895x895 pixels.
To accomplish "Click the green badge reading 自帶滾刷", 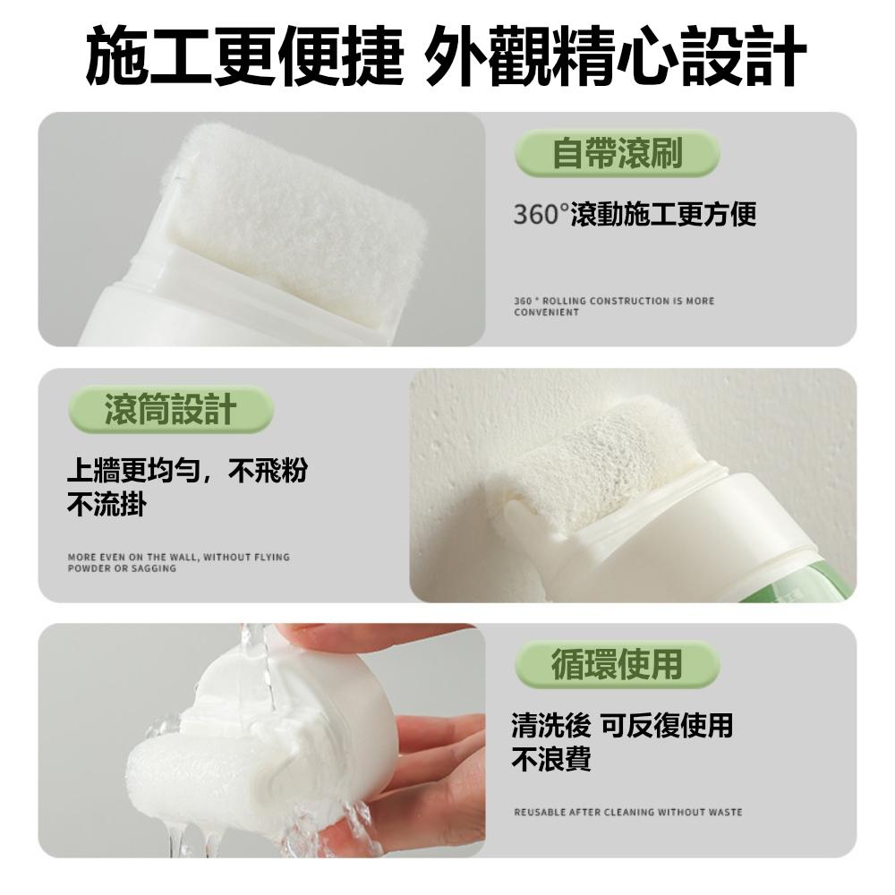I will click(617, 153).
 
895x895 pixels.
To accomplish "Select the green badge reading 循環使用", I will click(617, 664).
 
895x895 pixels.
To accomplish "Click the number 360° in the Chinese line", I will click(541, 215).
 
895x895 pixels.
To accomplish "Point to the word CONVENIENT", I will click(547, 312).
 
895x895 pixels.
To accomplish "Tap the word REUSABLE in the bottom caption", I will click(539, 812).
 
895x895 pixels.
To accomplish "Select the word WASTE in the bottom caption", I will click(725, 812).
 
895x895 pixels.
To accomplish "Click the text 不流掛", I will click(107, 505).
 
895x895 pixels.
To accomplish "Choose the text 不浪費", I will click(550, 760).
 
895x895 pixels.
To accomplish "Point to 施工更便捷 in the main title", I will click(244, 55).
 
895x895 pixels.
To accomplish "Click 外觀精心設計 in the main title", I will click(617, 55).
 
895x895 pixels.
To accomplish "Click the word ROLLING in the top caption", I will click(566, 301).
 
